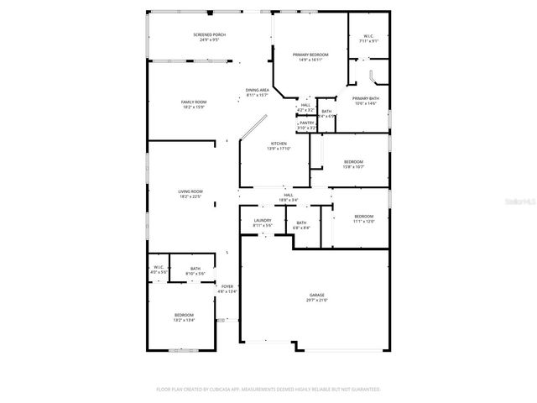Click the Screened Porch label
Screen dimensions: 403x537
(209, 37)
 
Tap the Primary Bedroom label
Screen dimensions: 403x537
(310, 57)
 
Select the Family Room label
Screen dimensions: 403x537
(194, 105)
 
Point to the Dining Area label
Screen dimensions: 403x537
(257, 92)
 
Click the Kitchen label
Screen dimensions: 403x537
(278, 146)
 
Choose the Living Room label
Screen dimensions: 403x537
(190, 194)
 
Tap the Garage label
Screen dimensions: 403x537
(316, 297)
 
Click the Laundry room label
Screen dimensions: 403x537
(263, 222)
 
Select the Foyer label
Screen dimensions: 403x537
(227, 289)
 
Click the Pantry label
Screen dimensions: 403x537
(306, 125)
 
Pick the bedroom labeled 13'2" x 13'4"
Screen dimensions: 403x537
(184, 317)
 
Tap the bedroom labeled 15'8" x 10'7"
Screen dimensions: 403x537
(353, 164)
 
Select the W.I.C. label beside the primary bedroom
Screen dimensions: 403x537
(368, 39)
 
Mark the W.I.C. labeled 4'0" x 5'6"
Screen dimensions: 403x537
(159, 270)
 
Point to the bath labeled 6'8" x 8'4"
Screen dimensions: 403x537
(301, 225)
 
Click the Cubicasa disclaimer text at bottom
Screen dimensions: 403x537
(268, 390)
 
